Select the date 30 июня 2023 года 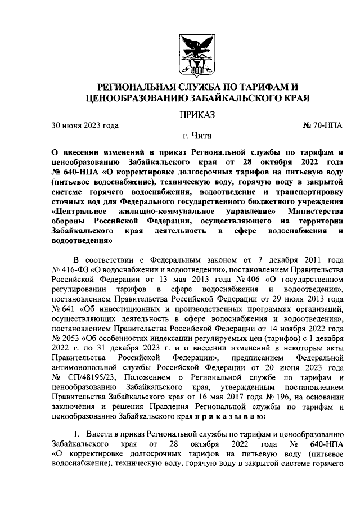pyautogui.click(x=85, y=125)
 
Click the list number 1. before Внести pyautogui.click(x=79, y=435)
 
